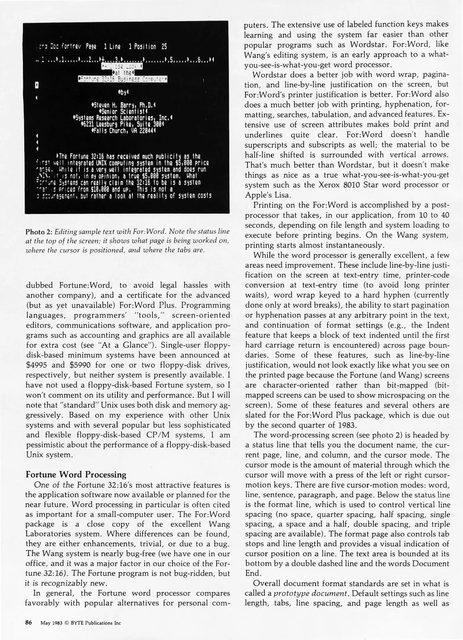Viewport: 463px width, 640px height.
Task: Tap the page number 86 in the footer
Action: (28, 623)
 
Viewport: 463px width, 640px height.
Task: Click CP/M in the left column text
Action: (159, 435)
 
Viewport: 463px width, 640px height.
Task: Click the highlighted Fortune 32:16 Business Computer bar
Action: (122, 79)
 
